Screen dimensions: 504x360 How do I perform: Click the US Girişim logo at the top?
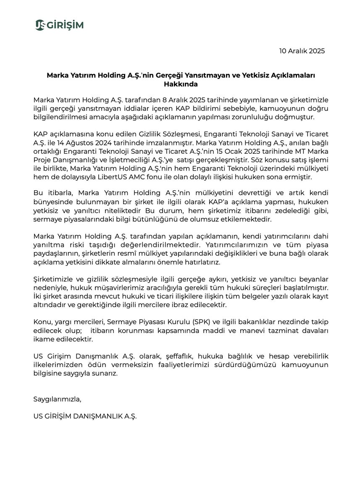click(59, 25)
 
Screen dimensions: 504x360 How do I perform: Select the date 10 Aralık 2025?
click(302, 51)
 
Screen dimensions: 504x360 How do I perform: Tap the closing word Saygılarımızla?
click(57, 399)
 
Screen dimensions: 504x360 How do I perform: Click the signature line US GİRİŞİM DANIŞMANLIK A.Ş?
click(85, 416)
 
